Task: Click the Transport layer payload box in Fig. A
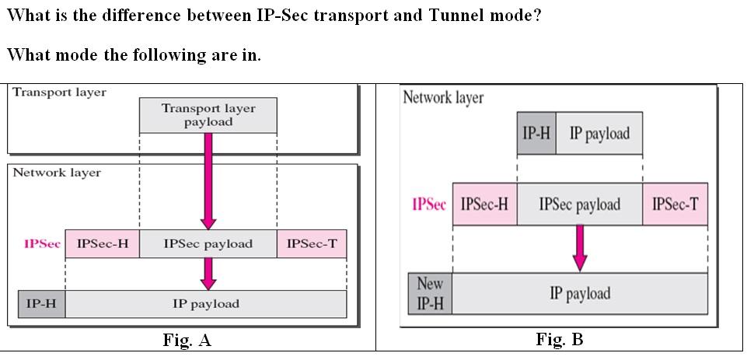pyautogui.click(x=208, y=115)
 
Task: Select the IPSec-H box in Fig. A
pyautogui.click(x=103, y=244)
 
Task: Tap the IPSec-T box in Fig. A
pyautogui.click(x=312, y=244)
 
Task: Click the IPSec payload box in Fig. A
pyautogui.click(x=208, y=244)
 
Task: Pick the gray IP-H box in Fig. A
pyautogui.click(x=41, y=304)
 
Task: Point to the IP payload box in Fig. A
pyautogui.click(x=205, y=304)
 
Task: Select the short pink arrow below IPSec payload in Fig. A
pyautogui.click(x=208, y=273)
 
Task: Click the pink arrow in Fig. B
pyautogui.click(x=580, y=247)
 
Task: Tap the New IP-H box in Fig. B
pyautogui.click(x=430, y=293)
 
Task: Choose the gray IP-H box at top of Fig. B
pyautogui.click(x=536, y=133)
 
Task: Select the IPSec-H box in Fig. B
pyautogui.click(x=484, y=204)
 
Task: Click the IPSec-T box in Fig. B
pyautogui.click(x=675, y=204)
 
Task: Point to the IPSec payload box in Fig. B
pyautogui.click(x=579, y=204)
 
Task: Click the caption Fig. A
pyautogui.click(x=187, y=341)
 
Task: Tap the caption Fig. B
pyautogui.click(x=560, y=340)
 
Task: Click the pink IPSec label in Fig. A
pyautogui.click(x=43, y=244)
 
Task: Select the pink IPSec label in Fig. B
pyautogui.click(x=429, y=204)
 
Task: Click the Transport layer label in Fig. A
pyautogui.click(x=60, y=92)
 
